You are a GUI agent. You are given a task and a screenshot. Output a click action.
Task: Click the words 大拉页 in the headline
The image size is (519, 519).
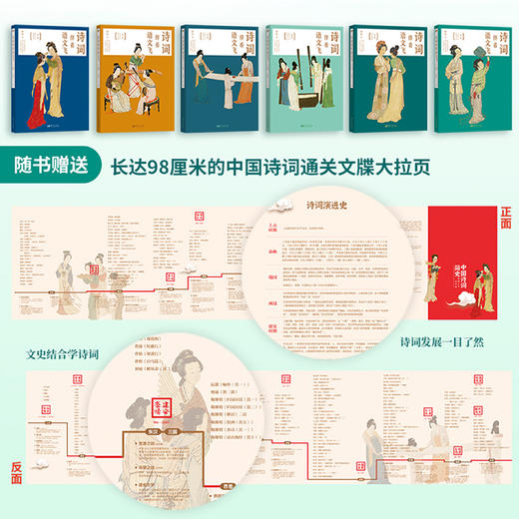(x=423, y=168)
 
